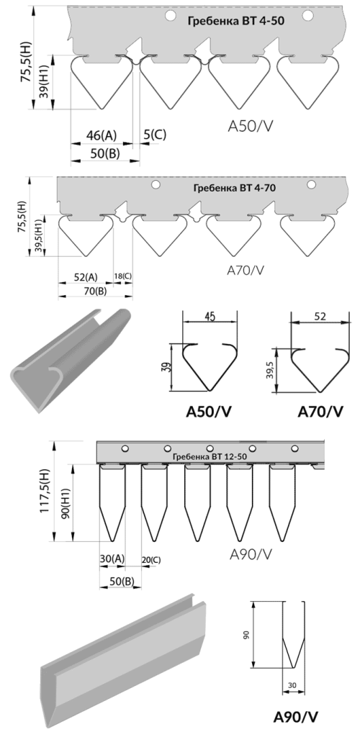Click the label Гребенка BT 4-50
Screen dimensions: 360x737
(x=236, y=21)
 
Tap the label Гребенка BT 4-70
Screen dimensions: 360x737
(x=234, y=188)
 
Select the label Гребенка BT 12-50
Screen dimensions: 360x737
(x=210, y=456)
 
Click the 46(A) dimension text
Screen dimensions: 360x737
(x=101, y=135)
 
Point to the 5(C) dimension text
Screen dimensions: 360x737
(x=155, y=135)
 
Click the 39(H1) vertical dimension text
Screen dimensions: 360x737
(x=43, y=82)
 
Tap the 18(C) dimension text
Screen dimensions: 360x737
(x=122, y=276)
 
